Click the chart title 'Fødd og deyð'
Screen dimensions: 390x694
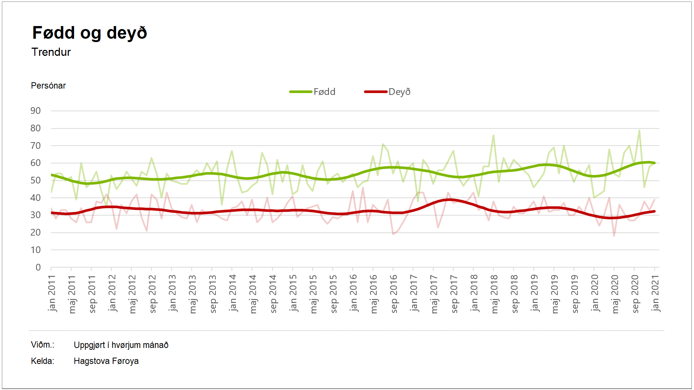tap(90, 33)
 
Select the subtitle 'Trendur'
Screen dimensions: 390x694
tap(51, 52)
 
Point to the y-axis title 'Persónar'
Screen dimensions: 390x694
tap(48, 86)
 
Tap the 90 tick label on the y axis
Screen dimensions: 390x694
tap(36, 111)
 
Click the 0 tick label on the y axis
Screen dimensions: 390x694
tap(38, 267)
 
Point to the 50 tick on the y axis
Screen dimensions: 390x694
tap(36, 180)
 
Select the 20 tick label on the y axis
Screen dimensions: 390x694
tap(36, 233)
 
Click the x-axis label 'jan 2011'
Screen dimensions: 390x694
tap(52, 293)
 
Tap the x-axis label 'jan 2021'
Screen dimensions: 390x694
tap(655, 293)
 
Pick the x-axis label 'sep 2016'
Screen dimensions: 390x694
tap(394, 294)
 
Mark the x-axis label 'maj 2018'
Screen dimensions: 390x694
tap(494, 294)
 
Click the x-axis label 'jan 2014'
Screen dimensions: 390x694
tap(233, 293)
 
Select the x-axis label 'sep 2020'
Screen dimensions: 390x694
tap(635, 294)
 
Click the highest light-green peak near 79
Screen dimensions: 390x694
tap(639, 130)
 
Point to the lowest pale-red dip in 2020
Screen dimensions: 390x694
tap(614, 236)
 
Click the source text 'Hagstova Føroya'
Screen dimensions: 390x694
tap(106, 361)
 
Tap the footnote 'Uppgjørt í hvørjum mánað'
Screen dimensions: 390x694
tap(121, 345)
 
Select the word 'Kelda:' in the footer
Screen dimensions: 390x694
tap(42, 361)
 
